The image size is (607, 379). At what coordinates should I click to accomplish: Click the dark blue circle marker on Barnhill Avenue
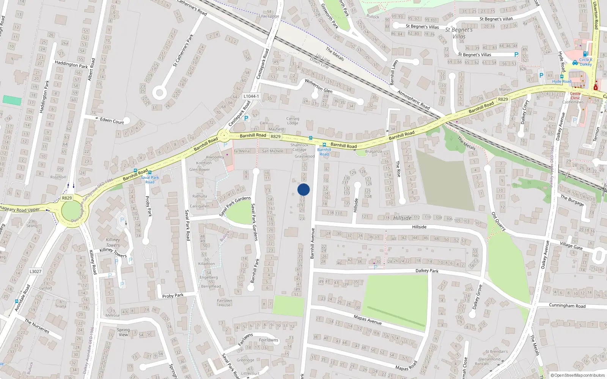click(303, 189)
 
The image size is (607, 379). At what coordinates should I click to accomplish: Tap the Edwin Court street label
click(112, 121)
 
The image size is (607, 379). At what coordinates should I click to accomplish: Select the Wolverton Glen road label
click(318, 86)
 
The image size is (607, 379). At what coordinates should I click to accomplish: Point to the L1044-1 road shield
click(251, 96)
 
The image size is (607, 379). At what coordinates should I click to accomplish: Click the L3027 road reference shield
click(35, 271)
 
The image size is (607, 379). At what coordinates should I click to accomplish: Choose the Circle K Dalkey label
click(585, 62)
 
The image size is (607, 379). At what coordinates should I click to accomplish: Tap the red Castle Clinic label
click(575, 96)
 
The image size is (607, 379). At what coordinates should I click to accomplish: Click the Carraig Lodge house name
click(292, 121)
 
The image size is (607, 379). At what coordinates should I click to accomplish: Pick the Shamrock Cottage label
click(299, 147)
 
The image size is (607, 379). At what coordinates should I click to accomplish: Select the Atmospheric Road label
click(413, 100)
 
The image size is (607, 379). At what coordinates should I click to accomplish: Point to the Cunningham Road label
click(567, 305)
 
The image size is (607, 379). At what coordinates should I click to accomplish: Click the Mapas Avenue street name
click(367, 319)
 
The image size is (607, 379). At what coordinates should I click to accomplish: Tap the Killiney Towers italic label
click(113, 242)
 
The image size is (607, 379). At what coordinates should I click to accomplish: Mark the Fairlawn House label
click(224, 302)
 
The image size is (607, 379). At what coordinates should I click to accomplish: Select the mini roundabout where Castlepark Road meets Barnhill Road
click(223, 135)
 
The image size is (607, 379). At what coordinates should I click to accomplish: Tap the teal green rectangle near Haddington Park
click(12, 100)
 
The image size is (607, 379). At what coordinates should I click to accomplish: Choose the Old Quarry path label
click(498, 221)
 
